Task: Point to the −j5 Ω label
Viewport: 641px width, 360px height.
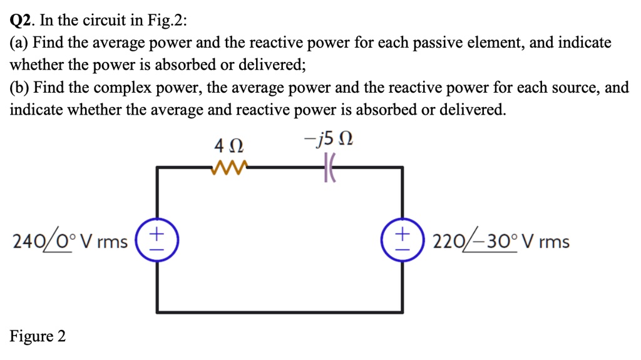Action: (x=332, y=141)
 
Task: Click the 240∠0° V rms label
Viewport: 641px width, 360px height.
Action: (x=69, y=241)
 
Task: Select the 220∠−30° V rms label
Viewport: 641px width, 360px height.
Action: (x=501, y=241)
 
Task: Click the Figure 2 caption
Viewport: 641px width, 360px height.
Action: (x=38, y=336)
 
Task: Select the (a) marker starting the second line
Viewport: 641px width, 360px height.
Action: (x=19, y=43)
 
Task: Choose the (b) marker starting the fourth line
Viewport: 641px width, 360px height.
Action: (x=19, y=88)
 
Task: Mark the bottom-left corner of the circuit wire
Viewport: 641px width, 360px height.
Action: (x=157, y=311)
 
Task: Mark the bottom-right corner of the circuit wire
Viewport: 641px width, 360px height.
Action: (x=402, y=311)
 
